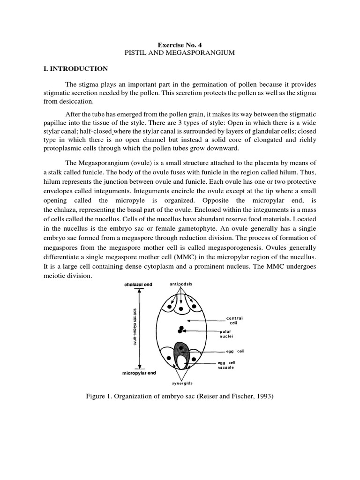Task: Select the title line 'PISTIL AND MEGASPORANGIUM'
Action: point(180,53)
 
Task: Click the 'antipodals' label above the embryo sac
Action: point(179,285)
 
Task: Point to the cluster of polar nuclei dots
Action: point(180,330)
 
